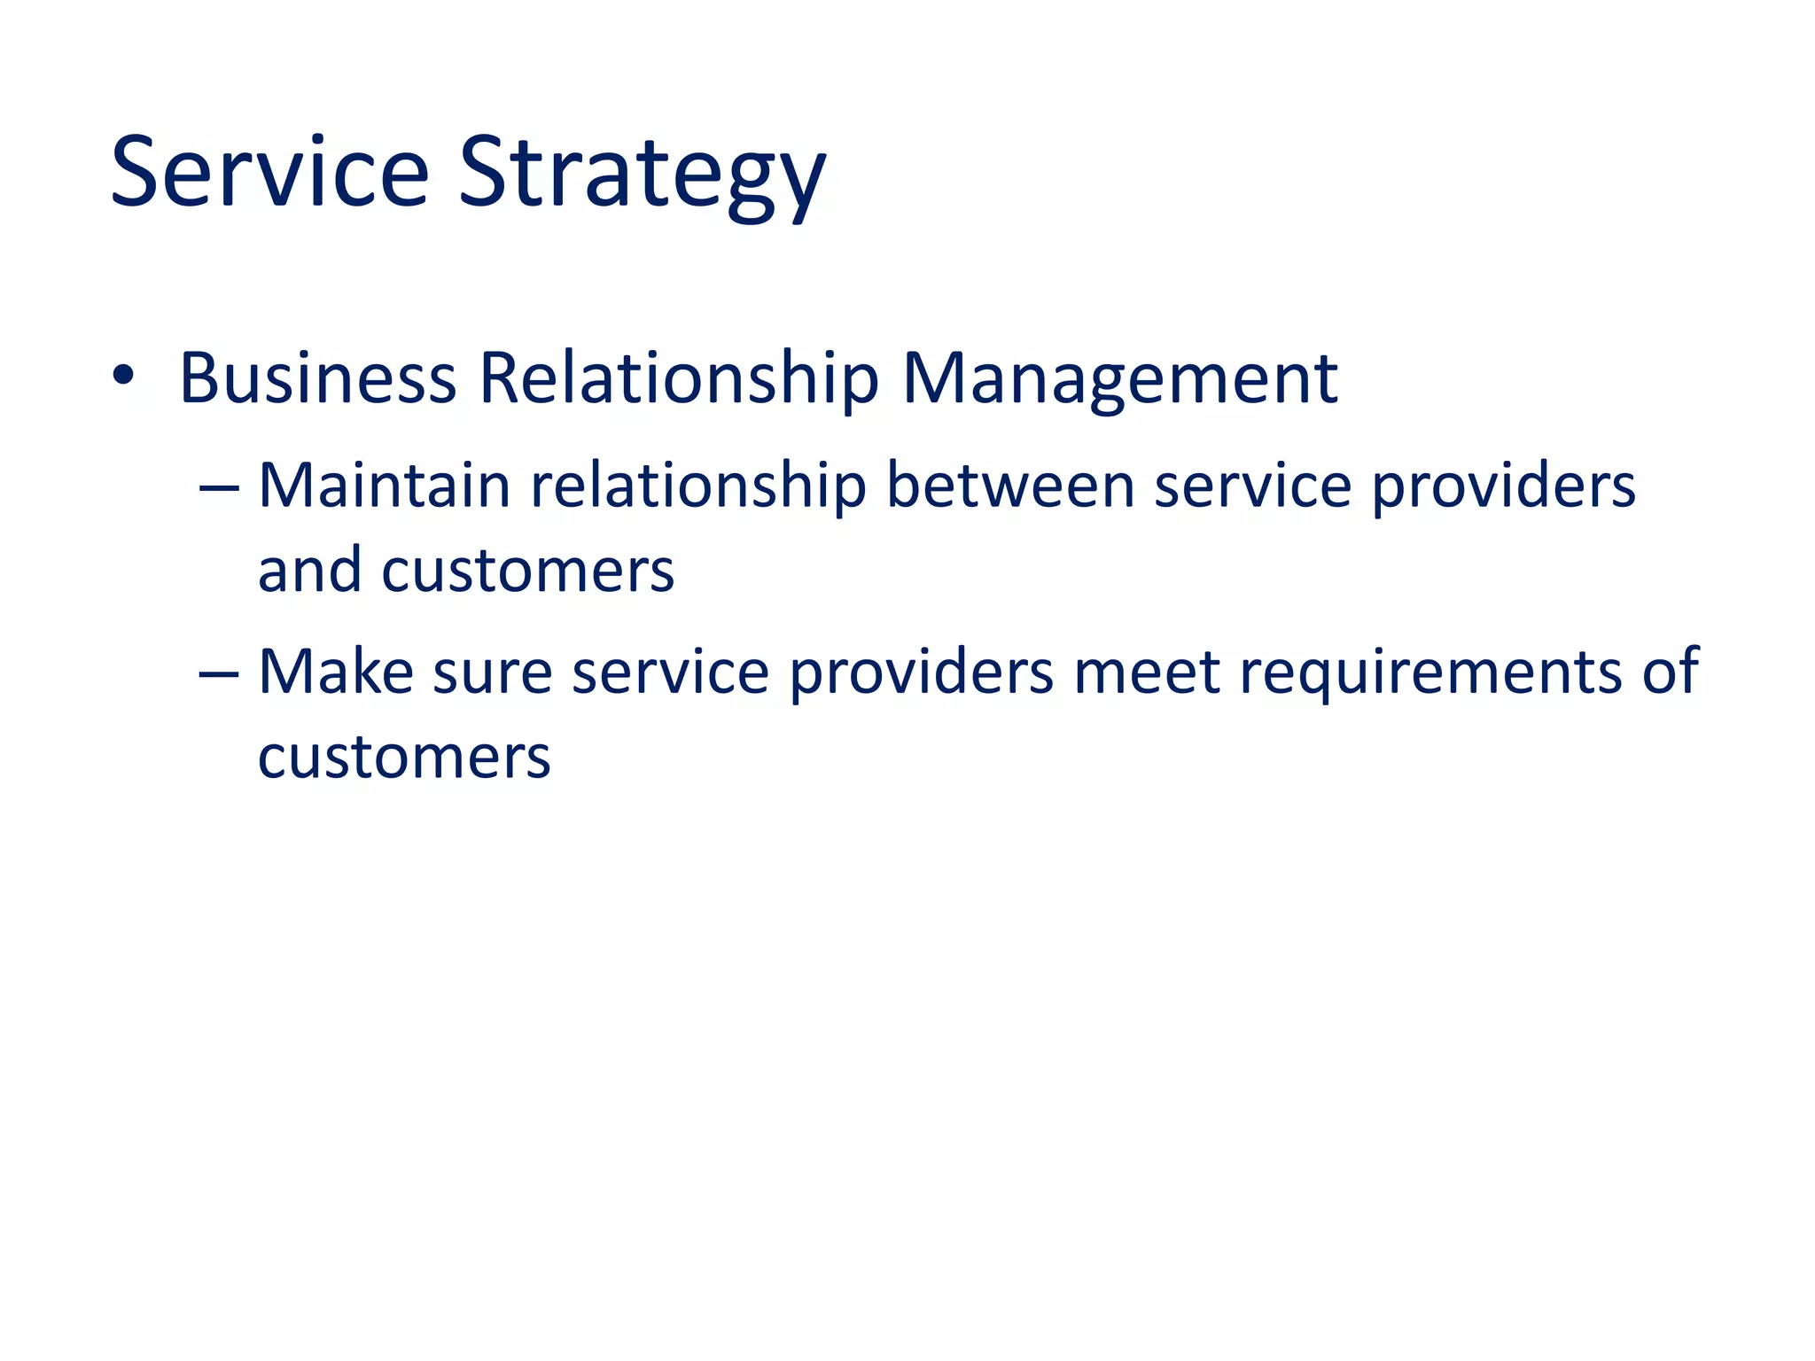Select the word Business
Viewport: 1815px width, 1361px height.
click(x=317, y=379)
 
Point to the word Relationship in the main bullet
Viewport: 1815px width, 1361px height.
click(x=679, y=379)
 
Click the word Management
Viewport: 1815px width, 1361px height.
click(x=1119, y=379)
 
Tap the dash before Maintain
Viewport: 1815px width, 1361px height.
click(x=219, y=487)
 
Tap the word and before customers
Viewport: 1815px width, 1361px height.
click(x=309, y=571)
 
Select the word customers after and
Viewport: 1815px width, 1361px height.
click(x=528, y=571)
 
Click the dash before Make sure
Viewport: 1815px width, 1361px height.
click(x=219, y=674)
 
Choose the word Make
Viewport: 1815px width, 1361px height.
click(x=336, y=673)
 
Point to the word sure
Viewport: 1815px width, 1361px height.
click(x=493, y=674)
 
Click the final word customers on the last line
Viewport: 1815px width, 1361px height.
click(x=404, y=758)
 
